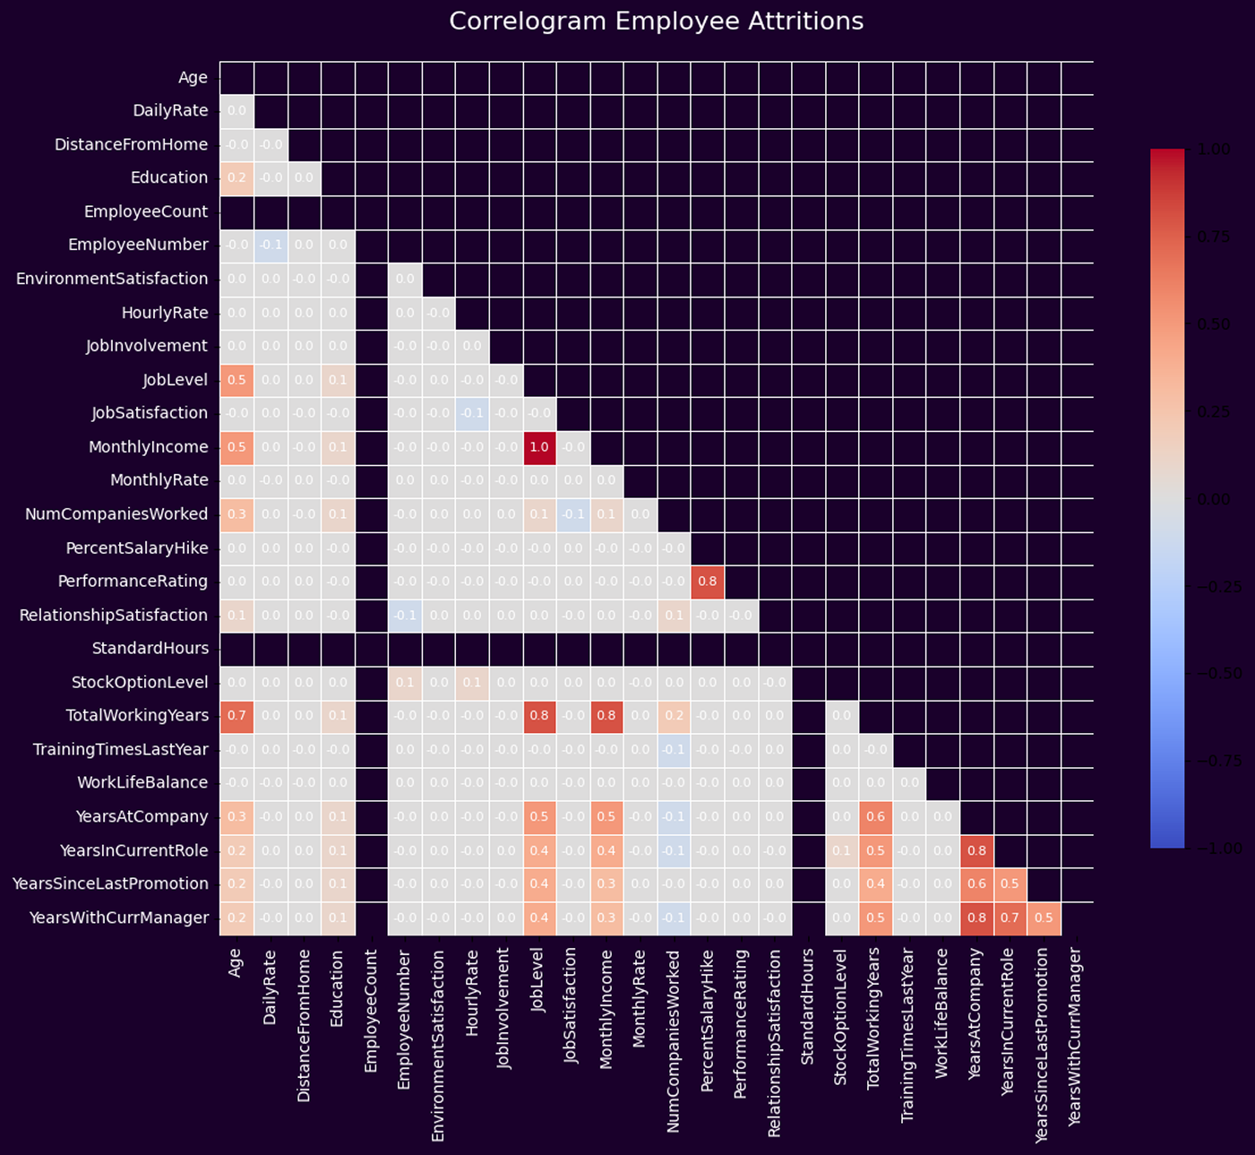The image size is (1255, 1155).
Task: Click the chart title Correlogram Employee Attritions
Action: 656,21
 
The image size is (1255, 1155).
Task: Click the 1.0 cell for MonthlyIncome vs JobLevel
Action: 539,447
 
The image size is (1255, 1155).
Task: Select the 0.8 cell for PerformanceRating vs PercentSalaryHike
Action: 708,582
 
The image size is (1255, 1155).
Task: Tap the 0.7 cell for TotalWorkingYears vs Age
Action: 236,716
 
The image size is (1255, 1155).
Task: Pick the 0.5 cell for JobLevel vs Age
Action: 236,380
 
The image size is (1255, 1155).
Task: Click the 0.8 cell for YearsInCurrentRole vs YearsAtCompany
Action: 976,850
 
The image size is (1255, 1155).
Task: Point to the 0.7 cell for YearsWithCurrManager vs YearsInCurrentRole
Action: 1010,918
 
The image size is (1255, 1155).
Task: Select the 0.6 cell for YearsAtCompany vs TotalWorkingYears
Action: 875,816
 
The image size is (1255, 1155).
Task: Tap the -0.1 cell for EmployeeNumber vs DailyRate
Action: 271,246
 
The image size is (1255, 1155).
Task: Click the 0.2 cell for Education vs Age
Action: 236,178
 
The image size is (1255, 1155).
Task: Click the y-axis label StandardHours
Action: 150,649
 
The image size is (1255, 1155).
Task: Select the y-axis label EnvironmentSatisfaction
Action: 112,279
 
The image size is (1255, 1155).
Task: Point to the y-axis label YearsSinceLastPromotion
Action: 110,883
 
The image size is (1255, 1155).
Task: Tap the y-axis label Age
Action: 193,78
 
